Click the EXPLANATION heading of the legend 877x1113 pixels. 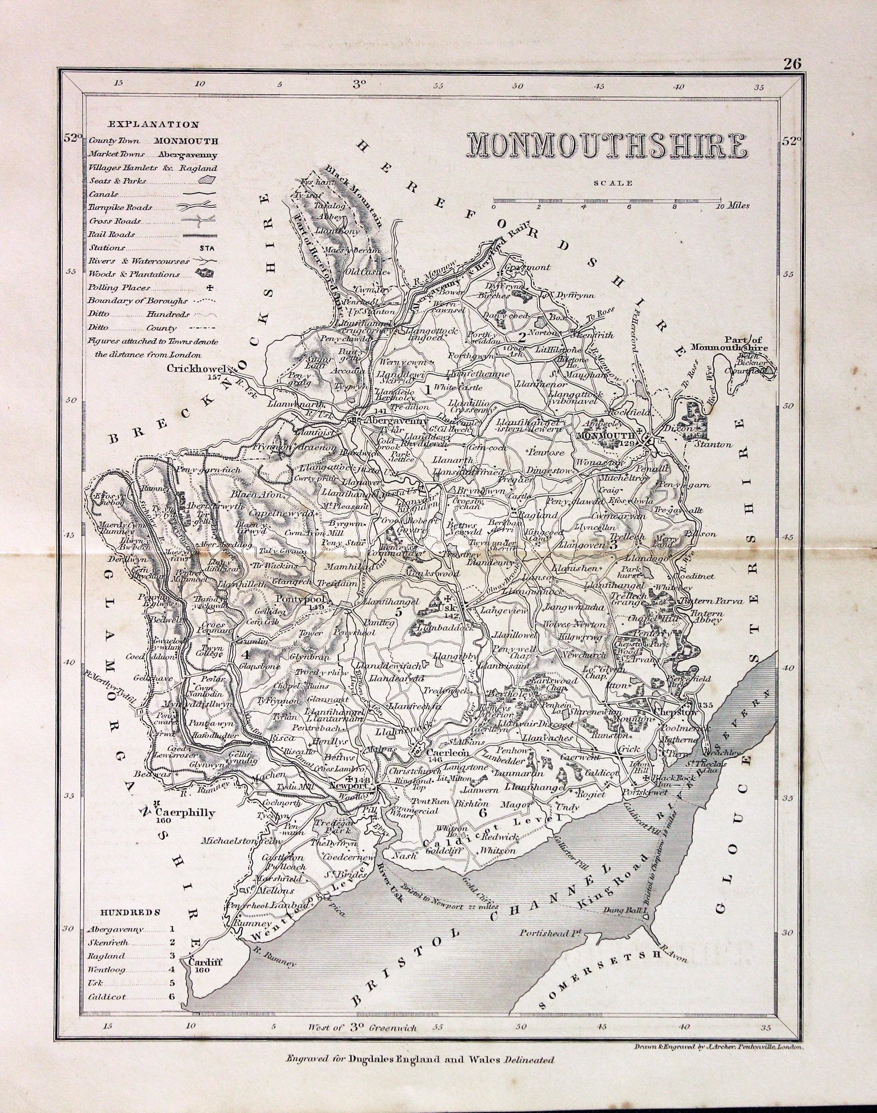click(153, 124)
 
